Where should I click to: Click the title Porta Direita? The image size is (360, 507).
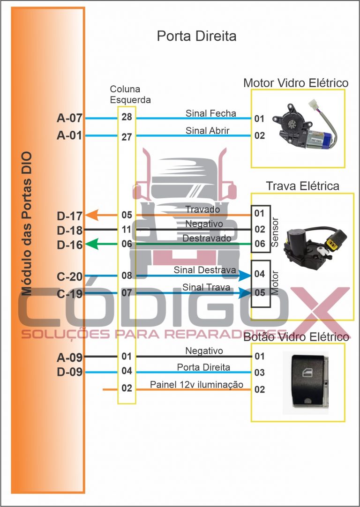[196, 36]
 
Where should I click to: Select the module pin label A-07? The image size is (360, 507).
[69, 119]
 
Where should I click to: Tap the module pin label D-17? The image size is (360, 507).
[69, 216]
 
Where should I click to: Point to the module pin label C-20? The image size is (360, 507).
[69, 277]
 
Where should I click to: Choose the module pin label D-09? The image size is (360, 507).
[69, 373]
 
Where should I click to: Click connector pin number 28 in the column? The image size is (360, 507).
[127, 117]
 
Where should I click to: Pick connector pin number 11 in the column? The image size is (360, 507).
[127, 230]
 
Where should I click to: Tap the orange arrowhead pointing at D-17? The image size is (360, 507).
[91, 215]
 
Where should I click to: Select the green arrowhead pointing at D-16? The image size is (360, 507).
[91, 244]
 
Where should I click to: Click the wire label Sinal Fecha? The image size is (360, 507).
[210, 113]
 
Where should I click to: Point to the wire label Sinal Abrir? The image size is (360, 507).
[207, 131]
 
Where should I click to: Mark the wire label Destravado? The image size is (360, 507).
[207, 239]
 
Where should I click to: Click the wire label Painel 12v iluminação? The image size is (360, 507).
[196, 385]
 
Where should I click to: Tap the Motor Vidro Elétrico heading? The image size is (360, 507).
[296, 83]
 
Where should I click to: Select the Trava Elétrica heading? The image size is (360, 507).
[302, 186]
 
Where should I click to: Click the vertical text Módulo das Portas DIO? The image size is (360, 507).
[26, 223]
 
